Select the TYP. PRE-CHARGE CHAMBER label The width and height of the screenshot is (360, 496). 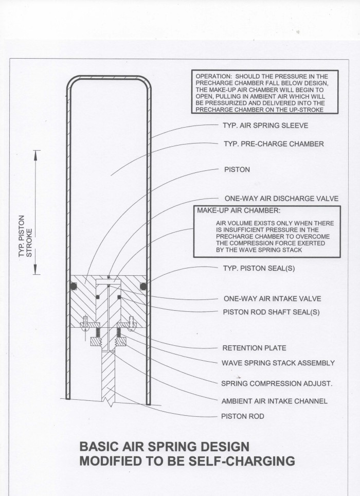pos(273,144)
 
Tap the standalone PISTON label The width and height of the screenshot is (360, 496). pos(237,169)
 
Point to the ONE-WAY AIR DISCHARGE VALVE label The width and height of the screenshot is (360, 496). pos(280,198)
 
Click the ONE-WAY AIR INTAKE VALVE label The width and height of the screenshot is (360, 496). pos(275,298)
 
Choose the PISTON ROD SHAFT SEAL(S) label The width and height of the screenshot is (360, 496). pos(276,312)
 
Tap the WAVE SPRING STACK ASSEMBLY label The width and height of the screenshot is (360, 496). pos(278,363)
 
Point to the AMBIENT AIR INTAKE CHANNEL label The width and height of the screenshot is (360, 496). pos(274,401)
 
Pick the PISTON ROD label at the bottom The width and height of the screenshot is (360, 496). pos(242,416)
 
